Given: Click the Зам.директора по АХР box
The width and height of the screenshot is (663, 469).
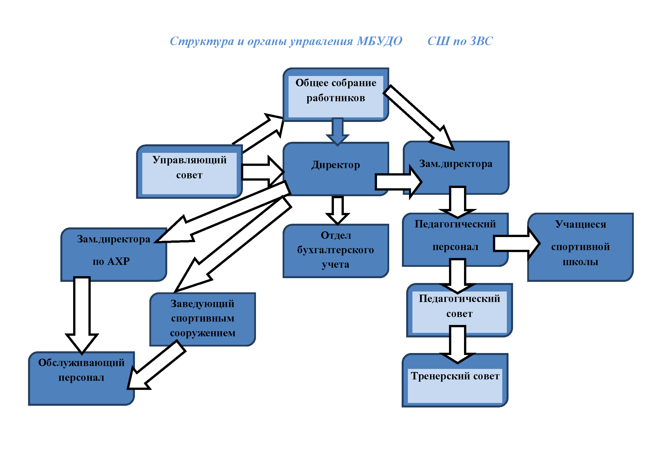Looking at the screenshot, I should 113,254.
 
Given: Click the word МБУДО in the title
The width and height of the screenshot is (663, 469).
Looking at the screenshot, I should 380,41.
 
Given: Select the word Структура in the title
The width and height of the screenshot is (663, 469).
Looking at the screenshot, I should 202,41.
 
